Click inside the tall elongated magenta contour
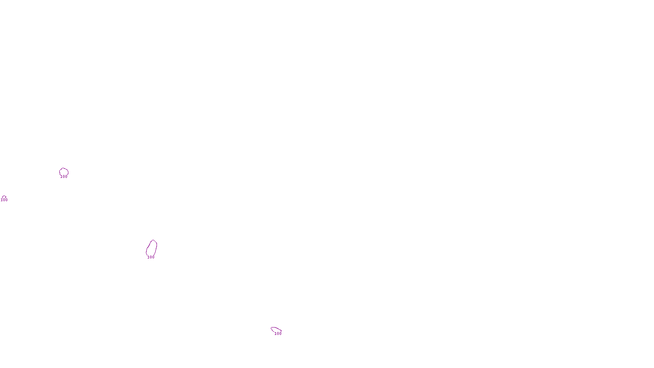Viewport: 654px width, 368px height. (151, 248)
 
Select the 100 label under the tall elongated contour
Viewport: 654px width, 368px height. (151, 257)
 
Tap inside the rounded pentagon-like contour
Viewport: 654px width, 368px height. (64, 172)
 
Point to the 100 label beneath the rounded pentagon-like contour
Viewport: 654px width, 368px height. (64, 177)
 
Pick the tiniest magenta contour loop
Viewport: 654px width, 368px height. (4, 197)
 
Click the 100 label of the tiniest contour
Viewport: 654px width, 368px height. (4, 200)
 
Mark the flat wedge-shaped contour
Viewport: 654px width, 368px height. (275, 329)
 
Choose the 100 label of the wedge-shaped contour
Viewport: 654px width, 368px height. (278, 334)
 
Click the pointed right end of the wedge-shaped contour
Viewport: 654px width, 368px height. (281, 330)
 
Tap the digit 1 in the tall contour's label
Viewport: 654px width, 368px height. (148, 257)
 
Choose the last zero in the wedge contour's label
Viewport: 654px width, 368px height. (280, 334)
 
